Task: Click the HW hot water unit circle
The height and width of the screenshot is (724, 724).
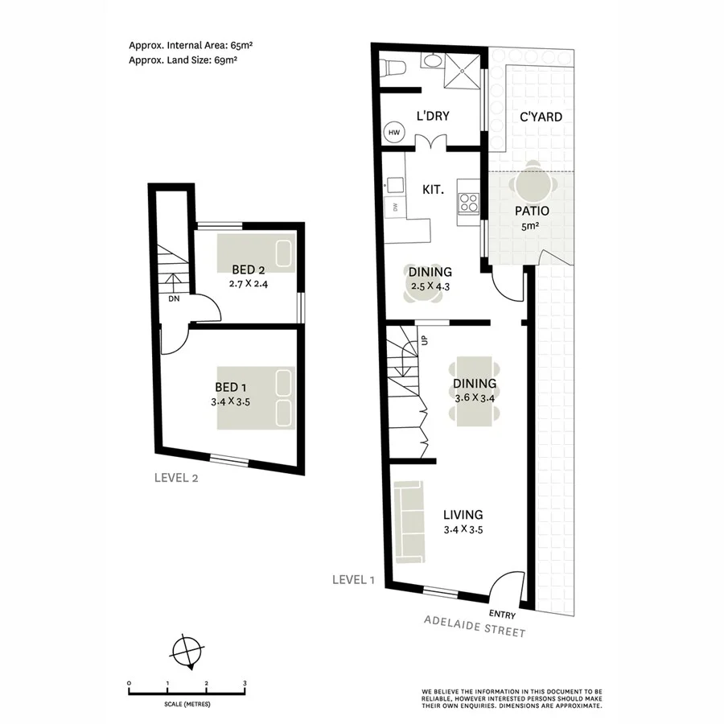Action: [395, 133]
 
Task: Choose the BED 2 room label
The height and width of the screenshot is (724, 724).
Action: [249, 269]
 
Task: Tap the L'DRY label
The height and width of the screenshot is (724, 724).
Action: [433, 116]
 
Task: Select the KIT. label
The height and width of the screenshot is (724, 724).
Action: [434, 190]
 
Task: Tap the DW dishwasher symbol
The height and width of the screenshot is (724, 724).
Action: [395, 208]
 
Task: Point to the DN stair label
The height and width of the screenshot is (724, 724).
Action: [173, 299]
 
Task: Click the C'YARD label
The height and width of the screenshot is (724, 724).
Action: [541, 117]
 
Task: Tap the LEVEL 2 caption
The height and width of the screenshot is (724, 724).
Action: [176, 477]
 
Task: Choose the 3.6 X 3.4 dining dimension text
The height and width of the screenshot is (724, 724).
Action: [474, 397]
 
